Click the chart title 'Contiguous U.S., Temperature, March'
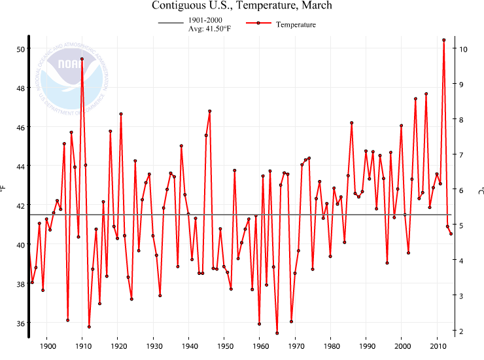tap(242, 6)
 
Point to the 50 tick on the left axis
tap(20, 49)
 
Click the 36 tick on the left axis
tap(20, 323)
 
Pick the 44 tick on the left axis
tap(20, 166)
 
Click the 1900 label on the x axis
tap(46, 346)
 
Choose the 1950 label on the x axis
tap(224, 346)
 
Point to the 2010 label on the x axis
tap(438, 346)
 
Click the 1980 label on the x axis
tap(331, 346)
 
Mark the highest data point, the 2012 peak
tap(444, 40)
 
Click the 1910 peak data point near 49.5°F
tap(82, 59)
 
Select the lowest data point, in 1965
tap(277, 333)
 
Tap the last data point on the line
tap(451, 234)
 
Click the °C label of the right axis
tap(479, 190)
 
